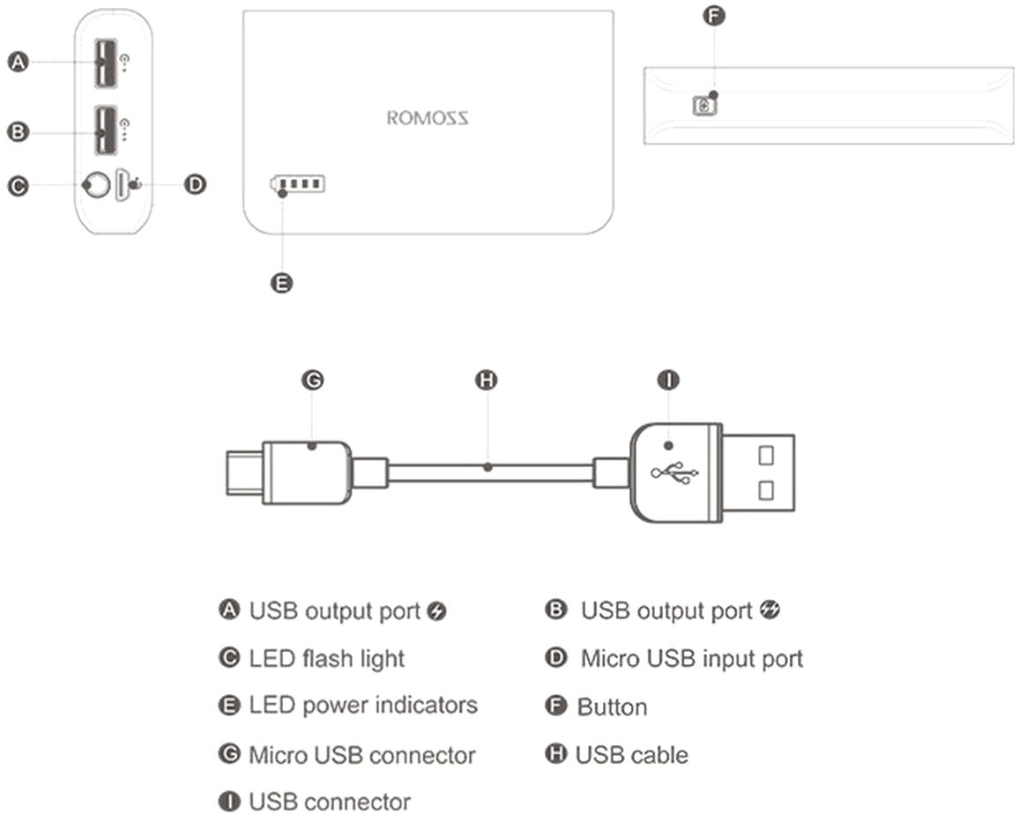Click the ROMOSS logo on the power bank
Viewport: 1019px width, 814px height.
coord(428,118)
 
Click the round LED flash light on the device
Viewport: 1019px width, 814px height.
coord(95,185)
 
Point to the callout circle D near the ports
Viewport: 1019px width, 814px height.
coord(196,184)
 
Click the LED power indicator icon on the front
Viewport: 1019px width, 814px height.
coord(298,184)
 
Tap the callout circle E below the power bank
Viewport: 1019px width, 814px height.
coord(281,283)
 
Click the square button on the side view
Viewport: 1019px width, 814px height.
coord(704,105)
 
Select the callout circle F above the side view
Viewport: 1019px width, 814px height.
coord(715,16)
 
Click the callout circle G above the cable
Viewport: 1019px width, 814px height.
coord(312,380)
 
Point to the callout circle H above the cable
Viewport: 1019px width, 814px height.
coord(486,380)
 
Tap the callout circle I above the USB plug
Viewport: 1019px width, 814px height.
coord(668,380)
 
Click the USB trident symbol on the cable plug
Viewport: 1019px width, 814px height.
coord(675,473)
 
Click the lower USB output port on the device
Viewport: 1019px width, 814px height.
coord(105,129)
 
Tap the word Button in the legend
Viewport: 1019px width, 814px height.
coord(612,707)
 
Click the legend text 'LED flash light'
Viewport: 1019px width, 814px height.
coord(326,658)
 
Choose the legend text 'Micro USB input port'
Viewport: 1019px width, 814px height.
coord(691,658)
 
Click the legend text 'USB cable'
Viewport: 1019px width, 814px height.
coord(631,755)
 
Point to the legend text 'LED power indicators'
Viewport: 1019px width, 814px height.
coord(362,705)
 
